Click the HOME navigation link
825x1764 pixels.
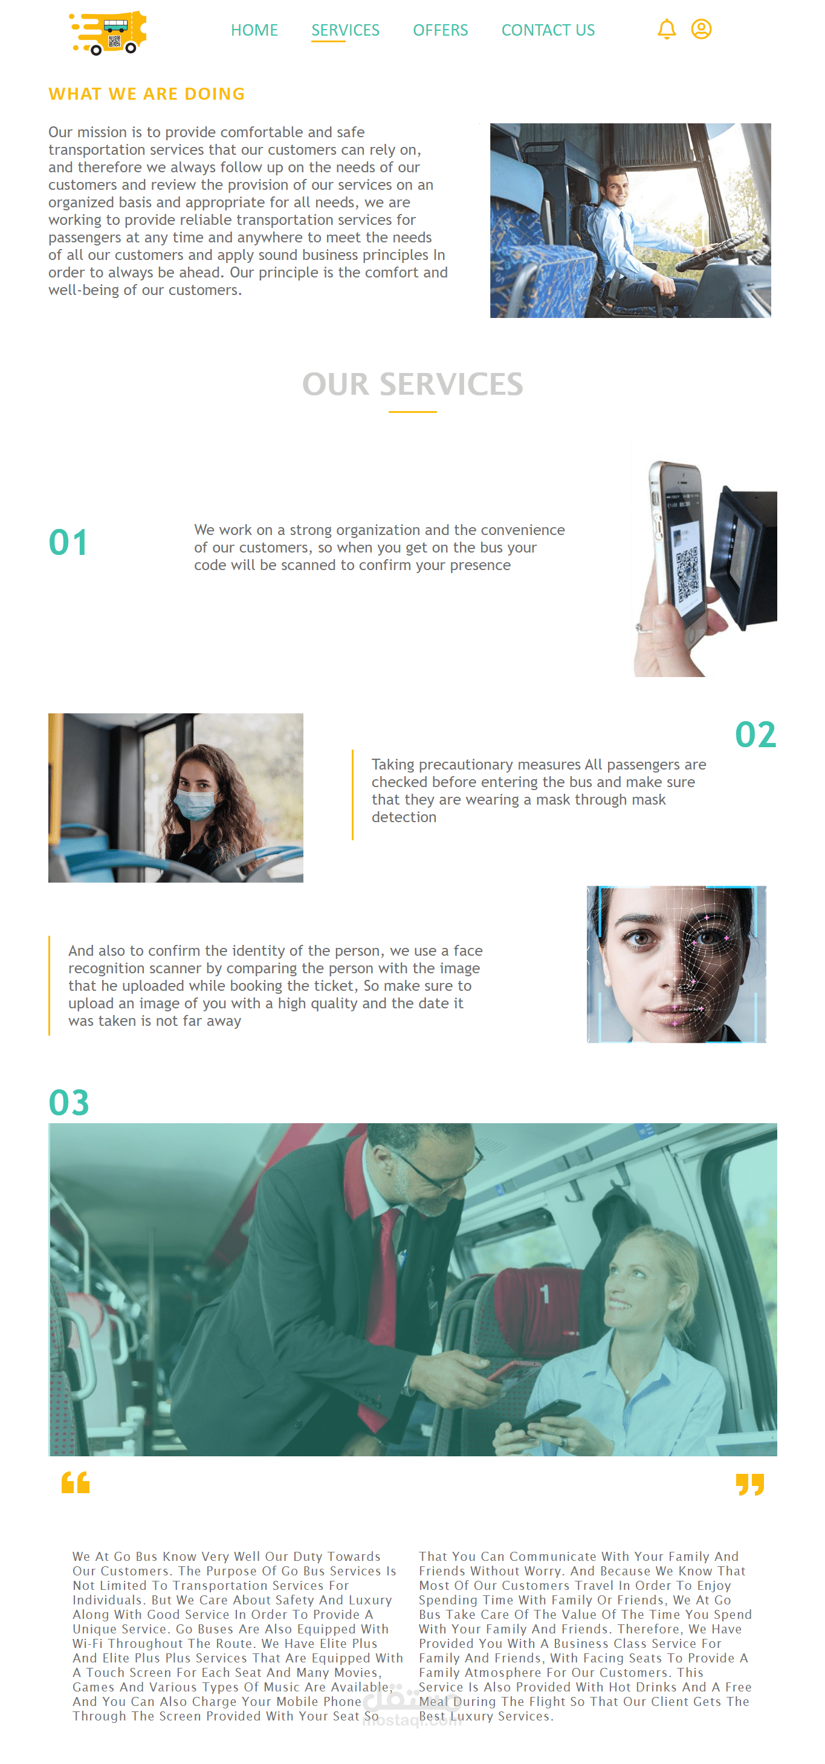click(254, 30)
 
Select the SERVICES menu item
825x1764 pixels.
click(345, 30)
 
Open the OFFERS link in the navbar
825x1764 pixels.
click(440, 30)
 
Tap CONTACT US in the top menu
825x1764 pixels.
click(548, 30)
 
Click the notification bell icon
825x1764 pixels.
click(666, 30)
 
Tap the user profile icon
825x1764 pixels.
click(701, 30)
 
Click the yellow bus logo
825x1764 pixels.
click(109, 32)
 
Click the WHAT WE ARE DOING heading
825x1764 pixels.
click(146, 94)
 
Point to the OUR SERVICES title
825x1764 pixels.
click(412, 384)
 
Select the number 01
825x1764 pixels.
click(68, 542)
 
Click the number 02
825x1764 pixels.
click(755, 734)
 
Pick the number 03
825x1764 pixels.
click(68, 1103)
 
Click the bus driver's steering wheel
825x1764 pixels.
click(716, 253)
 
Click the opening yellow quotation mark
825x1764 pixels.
click(76, 1482)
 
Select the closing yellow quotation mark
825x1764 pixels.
click(749, 1484)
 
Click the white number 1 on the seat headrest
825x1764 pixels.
click(545, 1294)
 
